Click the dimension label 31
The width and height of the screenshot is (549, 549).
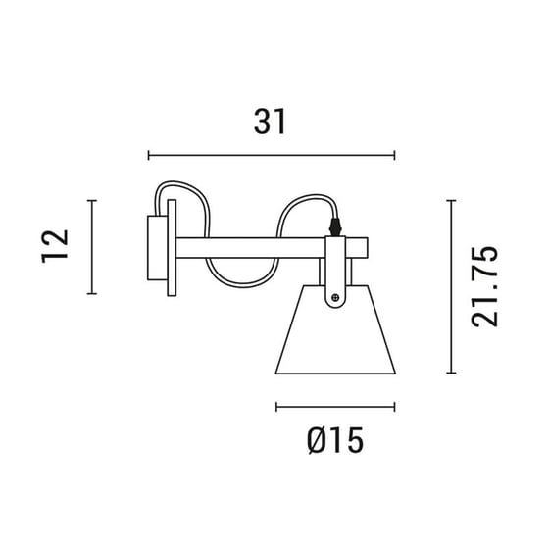click(x=270, y=121)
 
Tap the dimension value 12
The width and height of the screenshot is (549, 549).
click(x=55, y=246)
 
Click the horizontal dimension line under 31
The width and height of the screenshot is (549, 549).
click(x=271, y=155)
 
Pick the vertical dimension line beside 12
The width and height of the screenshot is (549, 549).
click(x=91, y=247)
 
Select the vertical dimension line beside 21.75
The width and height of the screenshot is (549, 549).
click(x=450, y=286)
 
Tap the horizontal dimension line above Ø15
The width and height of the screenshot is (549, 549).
click(x=335, y=406)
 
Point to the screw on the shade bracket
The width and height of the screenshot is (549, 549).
click(x=336, y=297)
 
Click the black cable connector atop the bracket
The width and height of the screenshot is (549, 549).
click(x=337, y=225)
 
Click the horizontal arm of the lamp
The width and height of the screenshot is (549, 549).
click(x=255, y=246)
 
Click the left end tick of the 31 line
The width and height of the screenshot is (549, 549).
click(x=148, y=155)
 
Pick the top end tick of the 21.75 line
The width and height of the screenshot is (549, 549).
click(x=450, y=200)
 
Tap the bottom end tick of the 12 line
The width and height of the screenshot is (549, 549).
click(x=91, y=293)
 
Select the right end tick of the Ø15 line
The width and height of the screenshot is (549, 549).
click(x=394, y=406)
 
